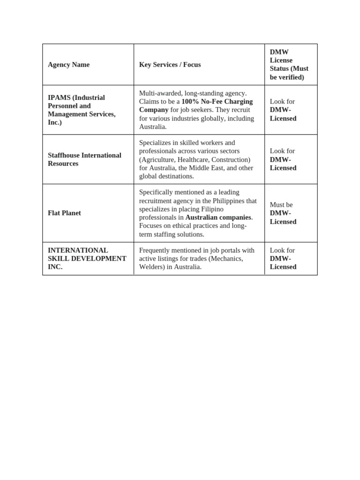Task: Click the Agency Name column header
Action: pyautogui.click(x=68, y=65)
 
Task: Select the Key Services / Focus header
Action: pyautogui.click(x=170, y=65)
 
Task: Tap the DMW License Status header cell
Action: pyautogui.click(x=289, y=65)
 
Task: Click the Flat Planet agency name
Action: pyautogui.click(x=64, y=213)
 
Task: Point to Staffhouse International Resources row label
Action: pyautogui.click(x=84, y=159)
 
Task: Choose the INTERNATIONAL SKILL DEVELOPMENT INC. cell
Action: pyautogui.click(x=87, y=258)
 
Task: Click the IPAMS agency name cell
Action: pyautogui.click(x=82, y=110)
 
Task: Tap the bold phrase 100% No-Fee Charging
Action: pyautogui.click(x=217, y=101)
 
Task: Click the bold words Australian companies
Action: pyautogui.click(x=218, y=217)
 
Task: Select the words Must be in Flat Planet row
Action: pyautogui.click(x=281, y=205)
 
